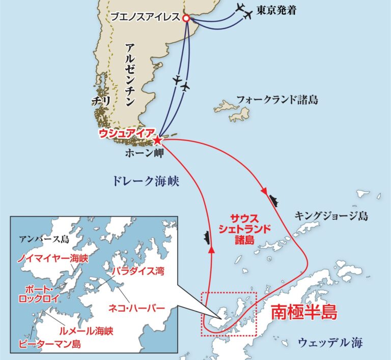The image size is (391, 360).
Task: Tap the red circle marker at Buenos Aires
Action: pyautogui.click(x=186, y=18)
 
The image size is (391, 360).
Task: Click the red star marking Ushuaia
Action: pyautogui.click(x=158, y=139)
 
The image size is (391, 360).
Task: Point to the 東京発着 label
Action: pyautogui.click(x=276, y=10)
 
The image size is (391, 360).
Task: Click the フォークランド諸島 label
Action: pyautogui.click(x=277, y=100)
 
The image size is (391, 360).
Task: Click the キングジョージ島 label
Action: pyautogui.click(x=331, y=216)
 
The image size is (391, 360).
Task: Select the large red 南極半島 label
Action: pyautogui.click(x=303, y=312)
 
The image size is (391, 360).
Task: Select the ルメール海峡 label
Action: pyautogui.click(x=86, y=330)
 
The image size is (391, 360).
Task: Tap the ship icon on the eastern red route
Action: pyautogui.click(x=274, y=200)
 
